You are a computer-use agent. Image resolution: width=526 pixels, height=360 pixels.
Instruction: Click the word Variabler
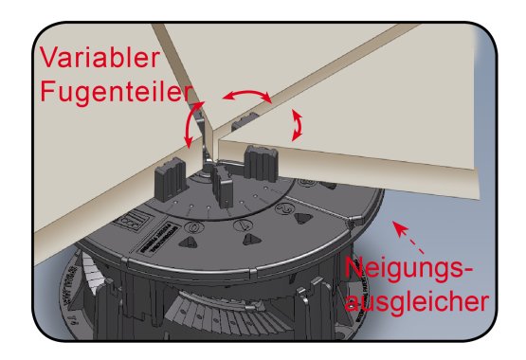100,58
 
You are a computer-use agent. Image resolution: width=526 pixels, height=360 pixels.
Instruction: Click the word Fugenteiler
117,93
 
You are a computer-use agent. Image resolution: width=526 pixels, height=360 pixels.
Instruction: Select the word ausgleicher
416,301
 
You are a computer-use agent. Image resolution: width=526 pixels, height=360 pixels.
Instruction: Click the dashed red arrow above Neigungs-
408,237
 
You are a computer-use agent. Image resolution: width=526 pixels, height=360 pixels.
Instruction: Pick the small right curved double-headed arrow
297,125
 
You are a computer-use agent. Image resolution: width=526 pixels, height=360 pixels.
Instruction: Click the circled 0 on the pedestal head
194,227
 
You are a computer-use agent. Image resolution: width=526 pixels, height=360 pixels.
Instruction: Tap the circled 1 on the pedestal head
244,225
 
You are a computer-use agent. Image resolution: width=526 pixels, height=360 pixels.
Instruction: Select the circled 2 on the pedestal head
285,208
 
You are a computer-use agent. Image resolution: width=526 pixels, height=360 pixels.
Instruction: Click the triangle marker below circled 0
189,242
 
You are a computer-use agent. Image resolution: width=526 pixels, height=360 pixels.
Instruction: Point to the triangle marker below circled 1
251,239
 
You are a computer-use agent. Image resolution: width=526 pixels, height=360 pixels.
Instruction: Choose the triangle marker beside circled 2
303,218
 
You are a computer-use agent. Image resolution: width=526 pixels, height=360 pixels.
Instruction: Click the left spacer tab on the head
170,179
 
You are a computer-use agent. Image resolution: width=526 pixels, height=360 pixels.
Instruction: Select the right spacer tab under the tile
262,163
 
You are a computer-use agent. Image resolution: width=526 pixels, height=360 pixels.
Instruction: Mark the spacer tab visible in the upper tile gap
245,120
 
